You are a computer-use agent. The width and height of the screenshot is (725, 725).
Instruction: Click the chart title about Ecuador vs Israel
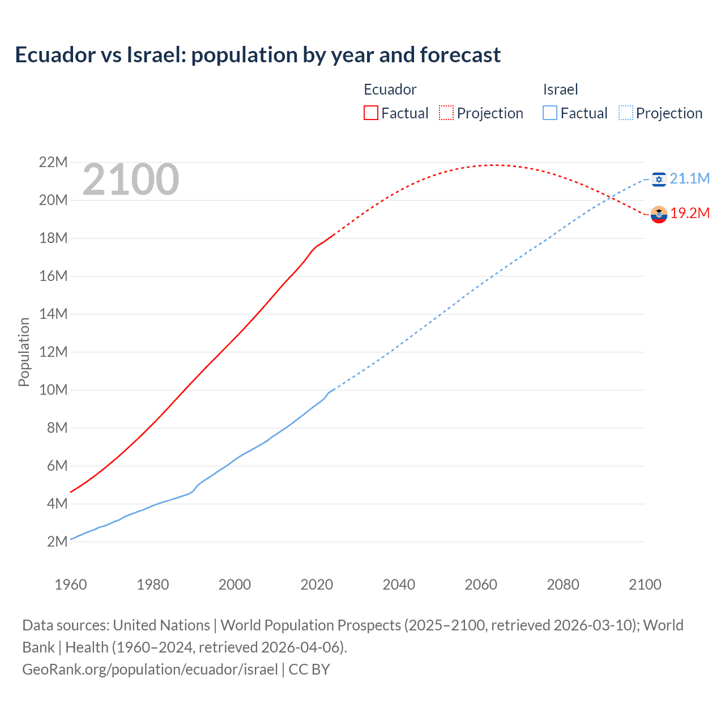[x=258, y=55]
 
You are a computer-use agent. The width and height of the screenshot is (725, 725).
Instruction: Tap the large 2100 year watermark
[x=131, y=180]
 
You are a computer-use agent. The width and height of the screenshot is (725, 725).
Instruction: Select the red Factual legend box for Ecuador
[x=370, y=113]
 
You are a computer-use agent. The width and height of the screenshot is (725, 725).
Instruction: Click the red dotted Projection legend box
[x=446, y=113]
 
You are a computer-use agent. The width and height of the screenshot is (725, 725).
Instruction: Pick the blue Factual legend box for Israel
[x=550, y=113]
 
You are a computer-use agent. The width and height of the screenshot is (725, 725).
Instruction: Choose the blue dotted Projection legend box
[x=625, y=113]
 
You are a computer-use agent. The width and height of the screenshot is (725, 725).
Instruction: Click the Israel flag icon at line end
[x=658, y=179]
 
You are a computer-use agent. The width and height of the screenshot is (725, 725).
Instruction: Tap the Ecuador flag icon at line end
[x=658, y=214]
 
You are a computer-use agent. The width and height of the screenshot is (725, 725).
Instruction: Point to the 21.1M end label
[x=689, y=179]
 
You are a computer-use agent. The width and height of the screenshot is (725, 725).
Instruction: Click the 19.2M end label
[x=690, y=214]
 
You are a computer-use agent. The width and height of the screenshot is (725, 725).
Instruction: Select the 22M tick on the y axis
[x=53, y=163]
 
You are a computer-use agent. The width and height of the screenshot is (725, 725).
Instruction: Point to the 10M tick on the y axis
[x=53, y=390]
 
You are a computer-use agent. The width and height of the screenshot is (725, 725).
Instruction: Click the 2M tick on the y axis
[x=57, y=541]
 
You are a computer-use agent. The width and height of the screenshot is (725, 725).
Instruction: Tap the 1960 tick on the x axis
[x=71, y=585]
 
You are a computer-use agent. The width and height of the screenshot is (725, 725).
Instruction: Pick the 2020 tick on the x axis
[x=317, y=585]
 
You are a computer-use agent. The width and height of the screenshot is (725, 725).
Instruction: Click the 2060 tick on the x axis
[x=481, y=585]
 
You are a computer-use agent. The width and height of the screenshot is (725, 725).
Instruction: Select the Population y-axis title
[x=24, y=352]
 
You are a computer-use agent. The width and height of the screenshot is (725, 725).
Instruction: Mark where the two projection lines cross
[x=611, y=197]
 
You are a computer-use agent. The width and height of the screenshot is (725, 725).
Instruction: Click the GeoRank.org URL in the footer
[x=150, y=669]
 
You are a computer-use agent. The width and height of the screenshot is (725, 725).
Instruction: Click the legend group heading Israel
[x=560, y=89]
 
